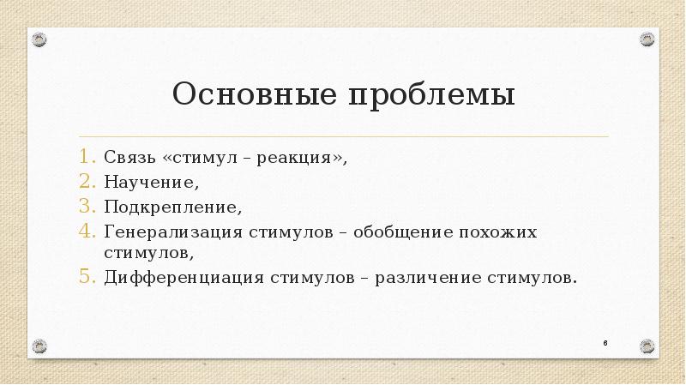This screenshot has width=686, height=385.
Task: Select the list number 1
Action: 90,159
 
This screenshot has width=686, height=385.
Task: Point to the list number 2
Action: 90,183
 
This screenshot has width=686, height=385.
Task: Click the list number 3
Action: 90,207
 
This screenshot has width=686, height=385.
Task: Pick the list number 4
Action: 90,232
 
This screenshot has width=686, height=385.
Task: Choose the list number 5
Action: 90,277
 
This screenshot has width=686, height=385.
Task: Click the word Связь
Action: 129,159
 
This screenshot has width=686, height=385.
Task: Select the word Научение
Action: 151,183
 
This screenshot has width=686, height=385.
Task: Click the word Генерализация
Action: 171,232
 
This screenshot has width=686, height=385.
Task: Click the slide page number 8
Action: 605,343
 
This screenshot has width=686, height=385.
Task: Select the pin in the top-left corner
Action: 39,39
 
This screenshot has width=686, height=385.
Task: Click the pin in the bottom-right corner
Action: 647,346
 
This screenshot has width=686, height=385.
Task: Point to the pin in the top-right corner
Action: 647,39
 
